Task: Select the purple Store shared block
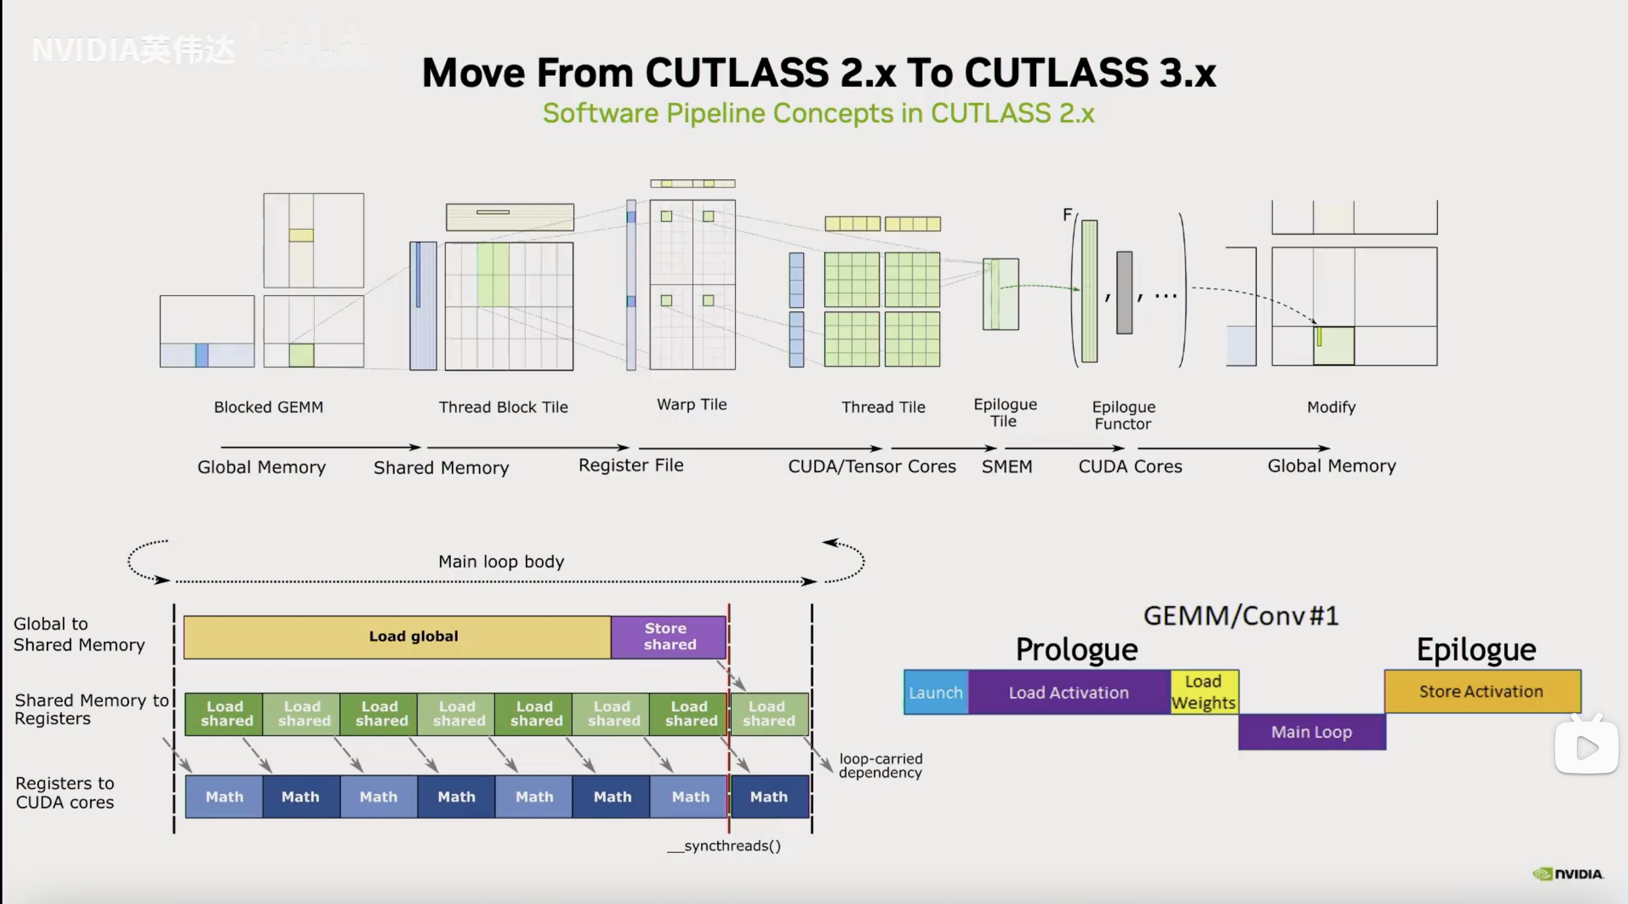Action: (669, 637)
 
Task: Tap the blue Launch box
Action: (935, 692)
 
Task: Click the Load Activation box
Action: (1068, 692)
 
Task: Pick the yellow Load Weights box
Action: (1204, 692)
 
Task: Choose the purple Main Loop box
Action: (1311, 732)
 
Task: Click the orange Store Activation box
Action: (1482, 692)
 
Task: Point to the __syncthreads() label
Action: (724, 846)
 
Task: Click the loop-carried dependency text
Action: (880, 765)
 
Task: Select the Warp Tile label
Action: (691, 404)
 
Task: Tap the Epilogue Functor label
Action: (1123, 416)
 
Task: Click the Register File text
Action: (631, 466)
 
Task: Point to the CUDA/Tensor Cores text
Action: (872, 467)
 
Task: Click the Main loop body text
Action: (501, 561)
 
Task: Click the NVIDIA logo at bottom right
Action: (1568, 873)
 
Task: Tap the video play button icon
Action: (1586, 748)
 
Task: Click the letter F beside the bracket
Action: (1067, 215)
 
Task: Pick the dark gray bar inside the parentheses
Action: (1124, 292)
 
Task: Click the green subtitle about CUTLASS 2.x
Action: (819, 114)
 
